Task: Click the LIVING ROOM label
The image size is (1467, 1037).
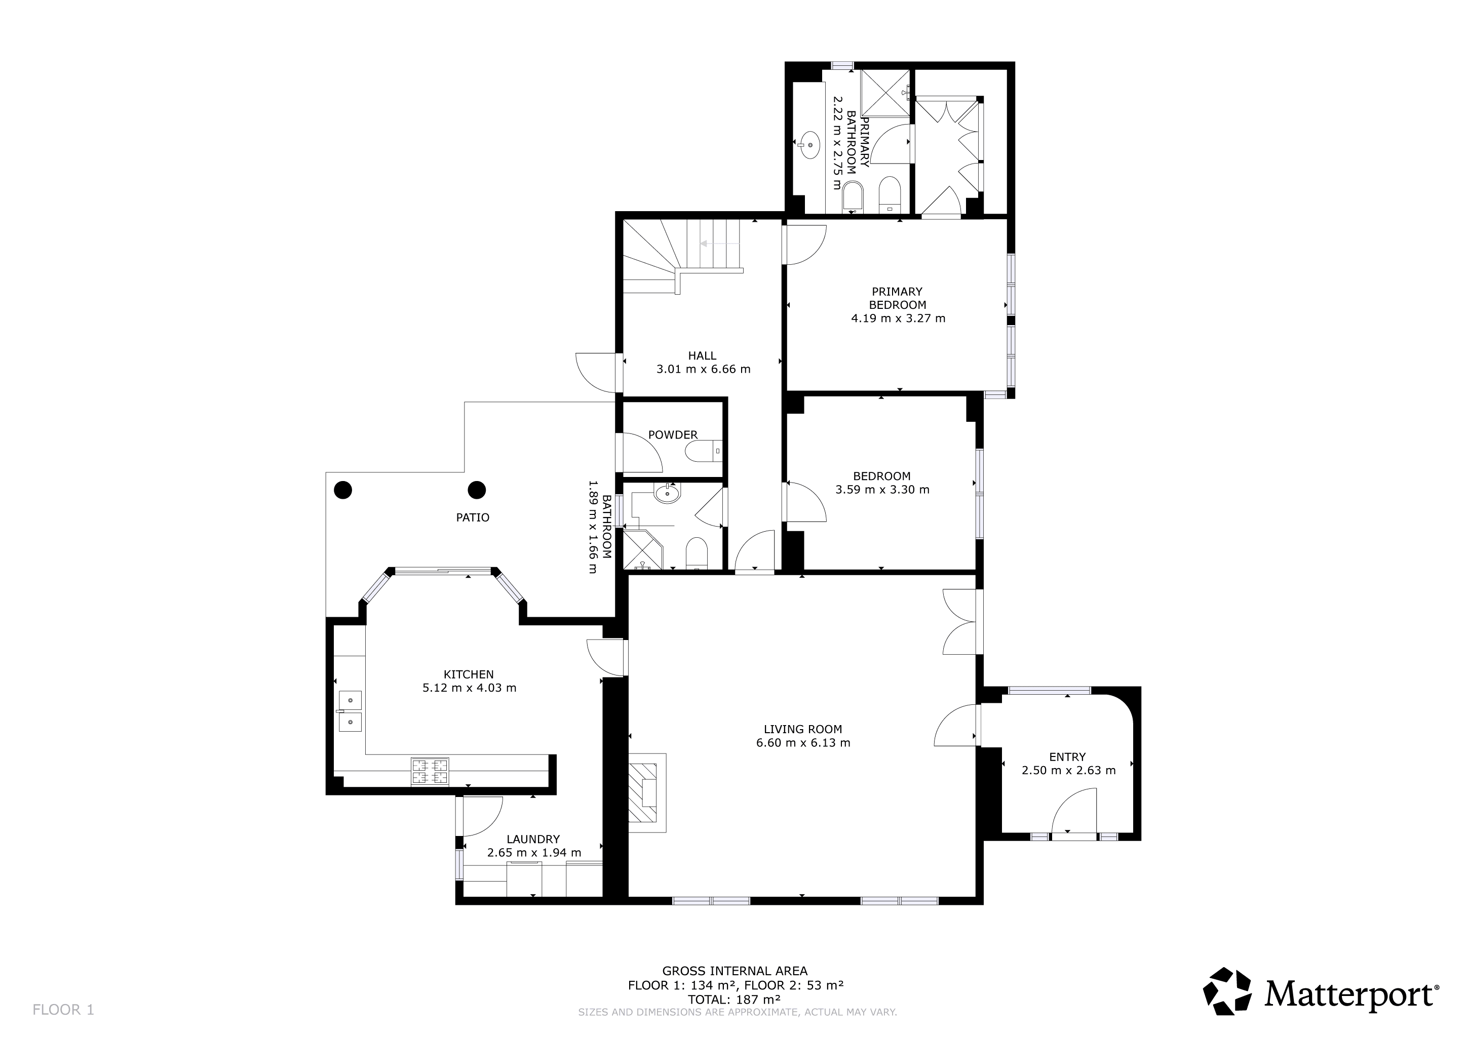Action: click(802, 729)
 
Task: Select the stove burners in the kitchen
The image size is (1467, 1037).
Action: click(430, 771)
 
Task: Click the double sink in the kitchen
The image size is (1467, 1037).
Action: click(350, 711)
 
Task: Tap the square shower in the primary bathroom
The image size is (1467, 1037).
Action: click(884, 93)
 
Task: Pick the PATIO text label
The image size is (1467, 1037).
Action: click(473, 517)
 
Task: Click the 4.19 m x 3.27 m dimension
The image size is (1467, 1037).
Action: click(898, 318)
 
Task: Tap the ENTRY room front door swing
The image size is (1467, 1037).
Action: click(1074, 812)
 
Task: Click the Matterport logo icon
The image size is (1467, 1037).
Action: click(1227, 991)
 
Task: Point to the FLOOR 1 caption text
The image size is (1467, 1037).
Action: click(63, 1010)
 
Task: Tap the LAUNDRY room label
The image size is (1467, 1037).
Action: click(533, 839)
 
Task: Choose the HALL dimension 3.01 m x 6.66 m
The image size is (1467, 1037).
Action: click(703, 369)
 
